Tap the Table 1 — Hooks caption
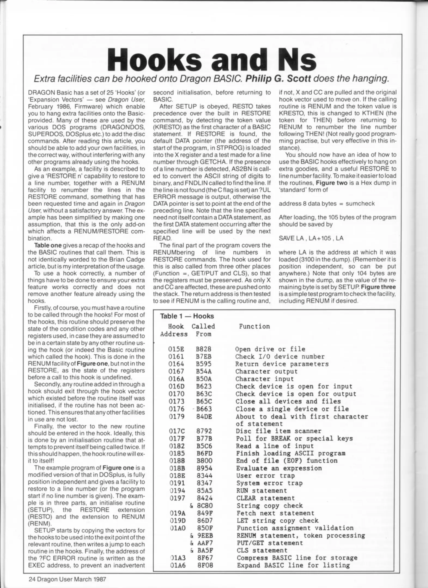click(187, 316)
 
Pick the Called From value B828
click(204, 349)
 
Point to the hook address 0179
click(176, 416)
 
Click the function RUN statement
click(261, 491)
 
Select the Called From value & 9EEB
click(202, 535)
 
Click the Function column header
click(254, 326)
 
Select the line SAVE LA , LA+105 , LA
click(311, 238)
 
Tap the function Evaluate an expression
click(279, 468)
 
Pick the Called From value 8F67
click(205, 558)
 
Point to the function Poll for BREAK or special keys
click(294, 439)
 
